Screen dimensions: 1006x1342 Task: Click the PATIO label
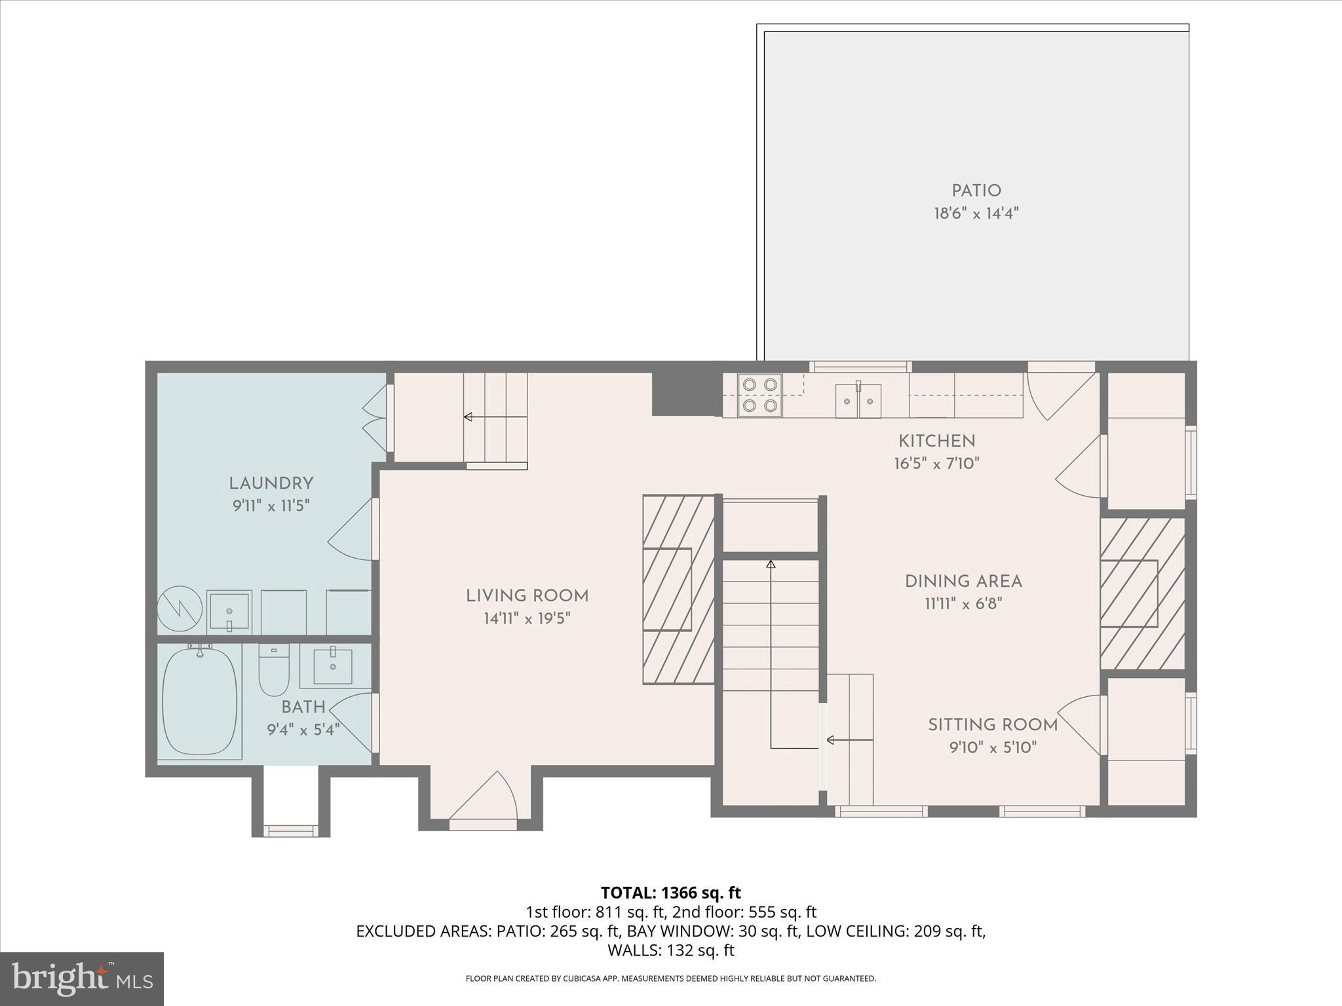(x=976, y=191)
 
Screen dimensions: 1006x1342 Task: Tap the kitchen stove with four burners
(x=760, y=395)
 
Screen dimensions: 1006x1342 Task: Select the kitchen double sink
(x=858, y=401)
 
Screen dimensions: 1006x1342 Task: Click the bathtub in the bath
(x=199, y=701)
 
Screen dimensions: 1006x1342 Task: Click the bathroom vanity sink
(x=333, y=666)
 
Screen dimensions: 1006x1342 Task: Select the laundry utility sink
(x=229, y=610)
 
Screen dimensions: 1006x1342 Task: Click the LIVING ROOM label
(x=527, y=596)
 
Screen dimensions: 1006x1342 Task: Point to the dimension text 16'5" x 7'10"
(x=936, y=464)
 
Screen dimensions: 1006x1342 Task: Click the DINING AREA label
(x=963, y=581)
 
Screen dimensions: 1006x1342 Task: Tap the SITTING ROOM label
(x=993, y=724)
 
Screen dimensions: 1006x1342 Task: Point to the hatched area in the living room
(x=678, y=589)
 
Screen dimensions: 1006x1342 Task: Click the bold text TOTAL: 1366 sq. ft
(x=670, y=893)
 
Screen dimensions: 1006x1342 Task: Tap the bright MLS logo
(x=81, y=978)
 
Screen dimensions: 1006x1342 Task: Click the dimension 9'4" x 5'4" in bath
(x=303, y=730)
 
